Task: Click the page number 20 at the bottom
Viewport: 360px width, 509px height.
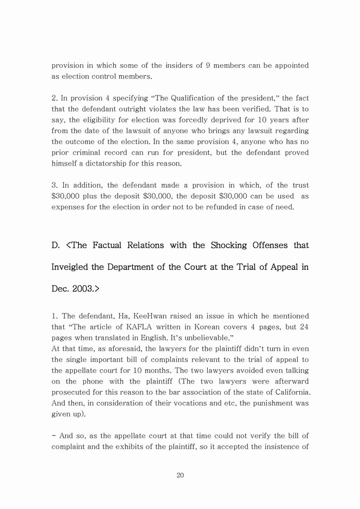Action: pyautogui.click(x=180, y=475)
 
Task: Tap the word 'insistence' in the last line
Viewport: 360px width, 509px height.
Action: pyautogui.click(x=279, y=447)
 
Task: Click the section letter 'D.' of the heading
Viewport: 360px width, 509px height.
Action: pyautogui.click(x=56, y=245)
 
